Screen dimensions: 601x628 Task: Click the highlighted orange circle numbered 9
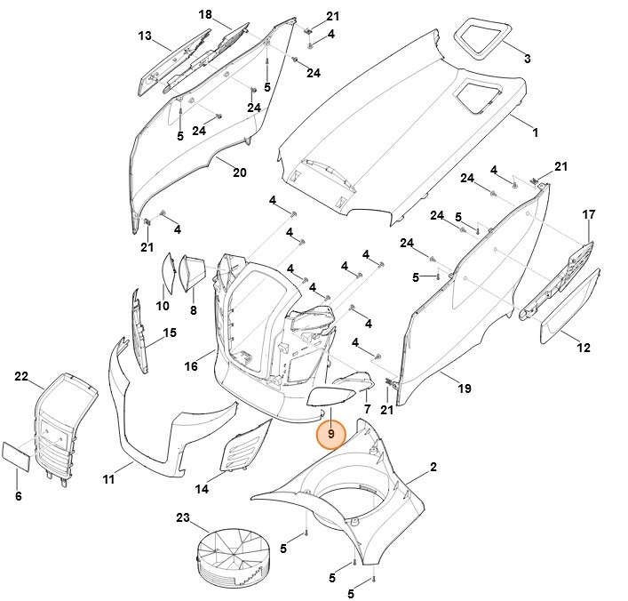330,435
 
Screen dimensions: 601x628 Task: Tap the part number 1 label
535,132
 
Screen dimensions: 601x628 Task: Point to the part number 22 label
22,377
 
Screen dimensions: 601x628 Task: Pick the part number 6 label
18,496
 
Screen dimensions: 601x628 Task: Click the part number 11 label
108,480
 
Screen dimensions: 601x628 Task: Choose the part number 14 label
202,489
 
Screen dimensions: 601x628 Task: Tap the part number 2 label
433,467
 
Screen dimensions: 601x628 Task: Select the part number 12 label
583,348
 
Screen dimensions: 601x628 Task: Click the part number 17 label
588,215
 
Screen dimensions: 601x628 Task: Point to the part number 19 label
464,389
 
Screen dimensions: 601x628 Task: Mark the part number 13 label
144,36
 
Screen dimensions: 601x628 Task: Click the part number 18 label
205,14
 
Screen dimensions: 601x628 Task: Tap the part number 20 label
239,172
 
